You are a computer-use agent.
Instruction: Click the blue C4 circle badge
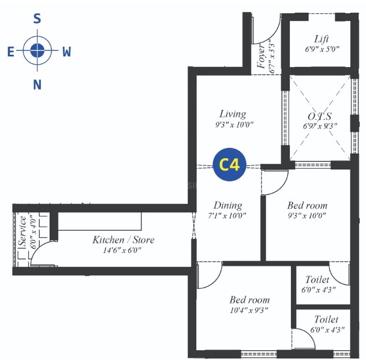(229, 165)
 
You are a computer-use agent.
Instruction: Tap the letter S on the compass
(38, 18)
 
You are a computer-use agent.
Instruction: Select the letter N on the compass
(38, 85)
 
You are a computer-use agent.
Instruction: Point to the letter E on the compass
(10, 52)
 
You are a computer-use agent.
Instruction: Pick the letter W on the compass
(66, 52)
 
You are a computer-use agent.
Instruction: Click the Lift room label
(322, 39)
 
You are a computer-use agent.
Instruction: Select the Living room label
(233, 114)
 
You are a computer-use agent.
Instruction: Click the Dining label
(228, 205)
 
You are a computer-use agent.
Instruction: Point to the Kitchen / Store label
(124, 240)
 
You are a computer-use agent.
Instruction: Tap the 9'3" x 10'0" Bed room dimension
(307, 216)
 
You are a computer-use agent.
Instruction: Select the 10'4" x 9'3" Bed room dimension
(249, 310)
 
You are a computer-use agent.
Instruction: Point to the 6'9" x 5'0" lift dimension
(322, 49)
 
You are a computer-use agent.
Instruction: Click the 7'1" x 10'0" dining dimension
(226, 216)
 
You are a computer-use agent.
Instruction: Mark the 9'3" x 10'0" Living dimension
(233, 124)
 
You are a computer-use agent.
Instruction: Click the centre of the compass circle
(38, 51)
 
